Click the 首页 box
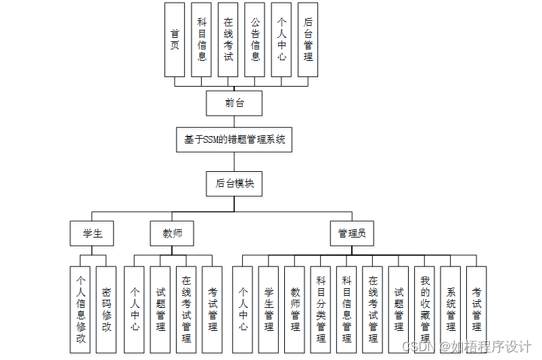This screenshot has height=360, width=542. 175,40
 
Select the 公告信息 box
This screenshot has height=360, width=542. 254,40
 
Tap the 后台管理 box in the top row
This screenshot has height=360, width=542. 308,40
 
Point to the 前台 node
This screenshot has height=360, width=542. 234,103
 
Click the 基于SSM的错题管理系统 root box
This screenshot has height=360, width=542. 234,139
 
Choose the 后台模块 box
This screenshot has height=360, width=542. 234,184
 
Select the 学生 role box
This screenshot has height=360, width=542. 91,233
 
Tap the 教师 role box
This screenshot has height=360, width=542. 172,233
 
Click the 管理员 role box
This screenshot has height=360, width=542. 352,233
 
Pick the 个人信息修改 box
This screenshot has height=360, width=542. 81,309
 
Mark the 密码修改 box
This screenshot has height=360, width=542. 106,309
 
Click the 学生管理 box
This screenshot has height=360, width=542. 268,309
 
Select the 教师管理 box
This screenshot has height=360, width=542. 294,309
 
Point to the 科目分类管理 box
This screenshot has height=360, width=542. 321,309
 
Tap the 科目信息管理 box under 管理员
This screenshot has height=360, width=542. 346,309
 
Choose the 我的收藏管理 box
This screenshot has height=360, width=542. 424,309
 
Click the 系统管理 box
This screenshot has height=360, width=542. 451,309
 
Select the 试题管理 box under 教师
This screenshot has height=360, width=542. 160,309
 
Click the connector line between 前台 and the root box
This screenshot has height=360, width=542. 234,121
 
